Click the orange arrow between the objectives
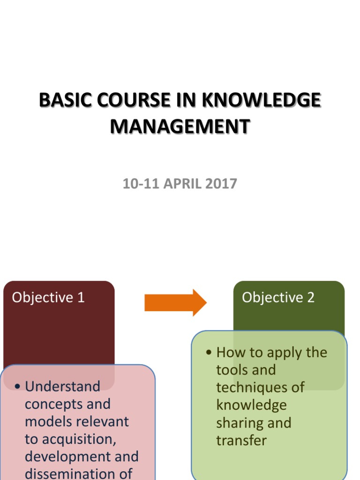[x=175, y=302]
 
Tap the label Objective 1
[x=48, y=298]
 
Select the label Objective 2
[x=278, y=298]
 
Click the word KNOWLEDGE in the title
[x=262, y=101]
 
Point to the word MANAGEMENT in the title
[x=180, y=127]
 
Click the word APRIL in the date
[x=180, y=184]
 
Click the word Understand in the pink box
[x=62, y=386]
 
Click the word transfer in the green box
[x=241, y=440]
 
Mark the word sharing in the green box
[x=237, y=423]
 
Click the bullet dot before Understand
[x=17, y=387]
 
